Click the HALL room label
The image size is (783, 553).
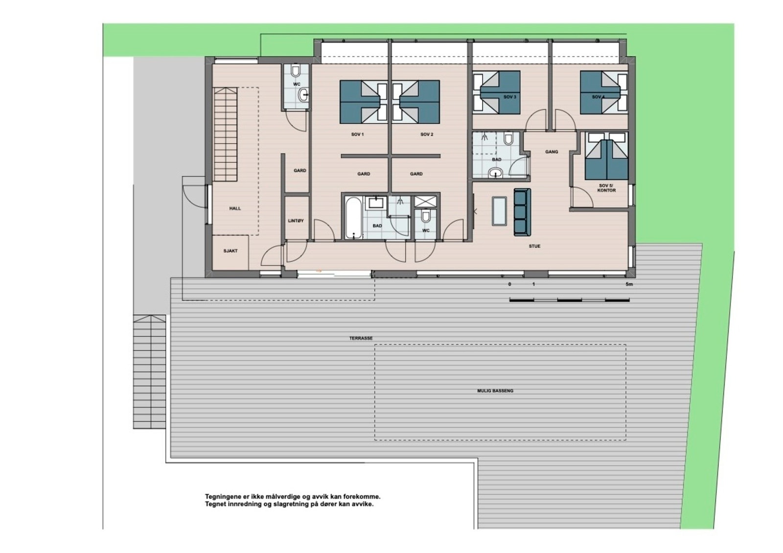235,208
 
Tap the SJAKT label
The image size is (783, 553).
230,251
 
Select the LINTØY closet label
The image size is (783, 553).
296,221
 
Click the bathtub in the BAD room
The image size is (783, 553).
352,218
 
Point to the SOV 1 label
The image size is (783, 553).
357,134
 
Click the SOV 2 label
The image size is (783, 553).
427,134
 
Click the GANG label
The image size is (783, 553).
552,152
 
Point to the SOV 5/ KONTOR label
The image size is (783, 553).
606,188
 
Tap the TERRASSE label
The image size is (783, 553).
361,338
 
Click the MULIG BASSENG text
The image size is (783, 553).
495,391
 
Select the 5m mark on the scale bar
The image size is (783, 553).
629,284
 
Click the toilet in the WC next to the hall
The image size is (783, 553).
295,72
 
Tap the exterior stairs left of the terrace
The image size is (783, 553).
149,372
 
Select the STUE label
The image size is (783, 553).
534,246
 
